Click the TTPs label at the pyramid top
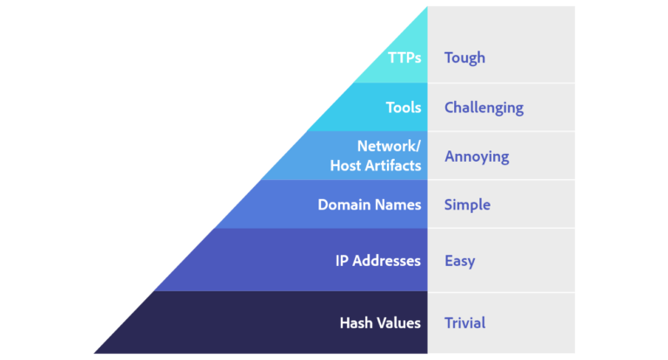(x=404, y=58)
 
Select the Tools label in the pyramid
(x=404, y=108)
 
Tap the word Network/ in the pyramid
(x=390, y=146)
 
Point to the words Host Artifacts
(x=376, y=165)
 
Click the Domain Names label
(x=370, y=205)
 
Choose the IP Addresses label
(x=378, y=261)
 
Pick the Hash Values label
(x=380, y=323)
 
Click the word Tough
(x=464, y=58)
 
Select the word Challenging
(x=484, y=109)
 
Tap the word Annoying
(x=477, y=157)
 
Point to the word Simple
(x=467, y=205)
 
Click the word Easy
(x=459, y=261)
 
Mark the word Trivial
(x=465, y=323)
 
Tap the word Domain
(x=344, y=205)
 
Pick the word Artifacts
(x=392, y=165)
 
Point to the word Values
(x=399, y=323)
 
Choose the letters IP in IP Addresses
(x=342, y=261)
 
